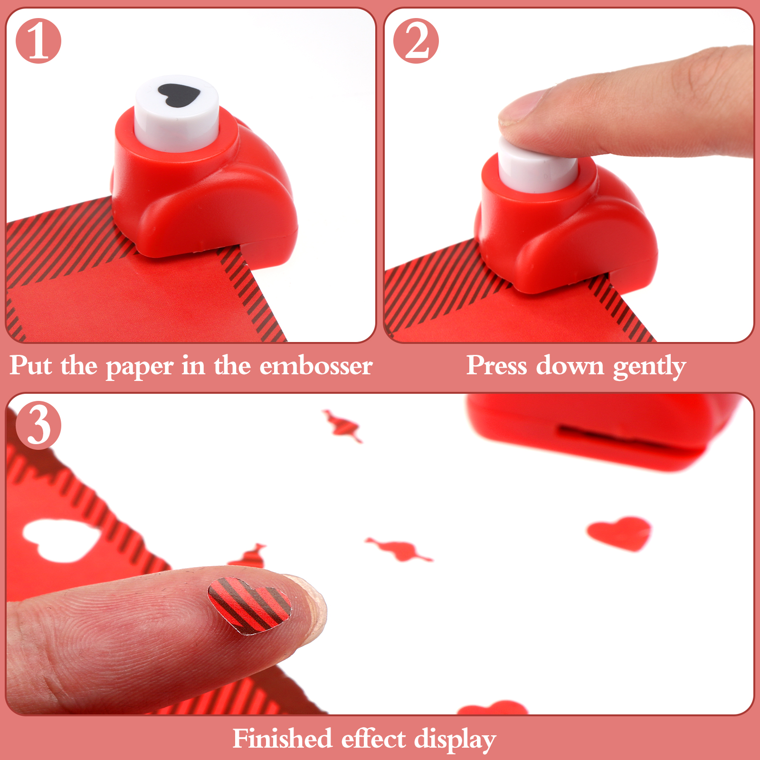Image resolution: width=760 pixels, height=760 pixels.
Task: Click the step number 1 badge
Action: point(38,41)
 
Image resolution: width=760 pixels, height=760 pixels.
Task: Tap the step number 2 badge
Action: point(416,41)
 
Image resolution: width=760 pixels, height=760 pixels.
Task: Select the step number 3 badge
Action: point(38,425)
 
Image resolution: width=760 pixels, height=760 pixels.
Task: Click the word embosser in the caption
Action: point(316,366)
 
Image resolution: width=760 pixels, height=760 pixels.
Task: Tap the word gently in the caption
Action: point(649,367)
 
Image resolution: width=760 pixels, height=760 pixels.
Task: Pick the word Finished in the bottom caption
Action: point(282,739)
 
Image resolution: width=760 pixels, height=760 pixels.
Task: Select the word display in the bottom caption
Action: point(455,740)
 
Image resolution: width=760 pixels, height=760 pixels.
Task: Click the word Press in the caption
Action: point(497,366)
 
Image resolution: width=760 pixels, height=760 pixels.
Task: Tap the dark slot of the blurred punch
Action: point(627,439)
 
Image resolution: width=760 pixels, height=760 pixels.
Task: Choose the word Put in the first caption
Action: point(31,366)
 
